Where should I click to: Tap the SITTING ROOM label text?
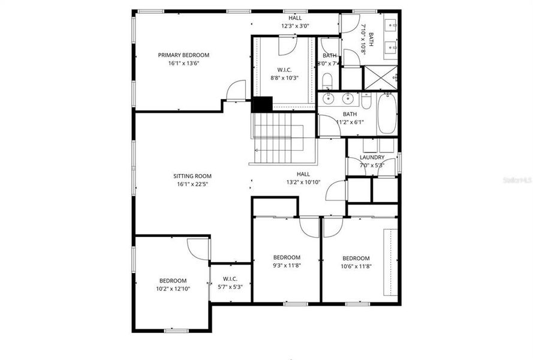(192, 176)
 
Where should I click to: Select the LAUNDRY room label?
(372, 157)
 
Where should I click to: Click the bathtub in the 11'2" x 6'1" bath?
(387, 113)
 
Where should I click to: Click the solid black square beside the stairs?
(262, 104)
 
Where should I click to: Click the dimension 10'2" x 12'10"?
(173, 289)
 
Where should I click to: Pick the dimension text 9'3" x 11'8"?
(287, 266)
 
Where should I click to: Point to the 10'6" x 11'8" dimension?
(356, 266)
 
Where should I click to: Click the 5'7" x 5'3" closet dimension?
(230, 287)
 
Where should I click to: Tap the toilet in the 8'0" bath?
(327, 80)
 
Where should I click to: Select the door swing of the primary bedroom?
(236, 91)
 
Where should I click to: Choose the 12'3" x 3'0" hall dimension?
(295, 26)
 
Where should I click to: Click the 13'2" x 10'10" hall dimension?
(304, 182)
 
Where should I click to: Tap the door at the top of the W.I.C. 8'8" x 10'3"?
(287, 45)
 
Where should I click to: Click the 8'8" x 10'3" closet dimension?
(284, 77)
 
